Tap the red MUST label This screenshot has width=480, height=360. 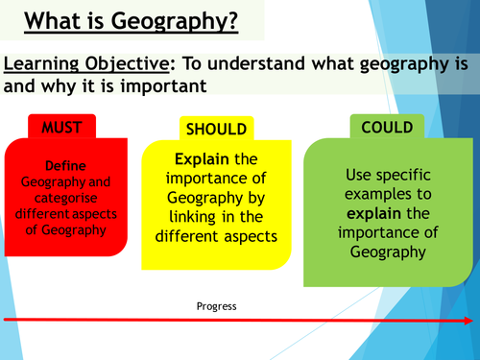pyautogui.click(x=59, y=128)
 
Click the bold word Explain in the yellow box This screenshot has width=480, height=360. pyautogui.click(x=201, y=158)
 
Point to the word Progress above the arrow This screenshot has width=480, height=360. pyautogui.click(x=215, y=305)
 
